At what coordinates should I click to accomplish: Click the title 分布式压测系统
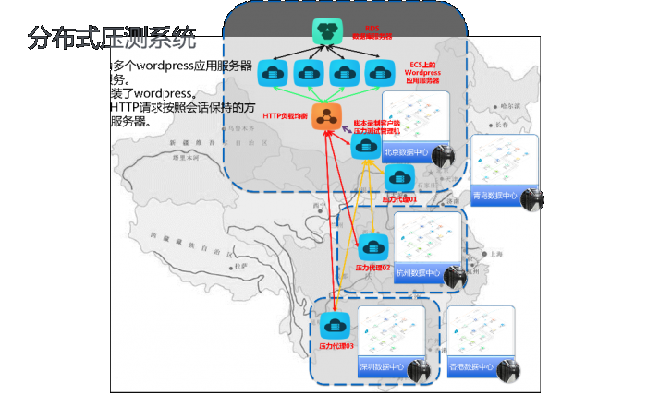pyautogui.click(x=112, y=39)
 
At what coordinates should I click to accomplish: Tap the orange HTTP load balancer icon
pyautogui.click(x=324, y=115)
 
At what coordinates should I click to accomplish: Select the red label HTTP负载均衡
pyautogui.click(x=286, y=115)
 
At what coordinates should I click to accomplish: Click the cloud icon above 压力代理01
pyautogui.click(x=400, y=177)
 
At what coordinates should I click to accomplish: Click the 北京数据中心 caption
pyautogui.click(x=406, y=152)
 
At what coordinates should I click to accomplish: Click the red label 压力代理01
pyautogui.click(x=400, y=197)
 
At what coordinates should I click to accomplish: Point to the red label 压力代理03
pyautogui.click(x=336, y=345)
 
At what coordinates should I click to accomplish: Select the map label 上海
pyautogui.click(x=496, y=253)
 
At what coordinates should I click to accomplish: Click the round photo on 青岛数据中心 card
pyautogui.click(x=531, y=199)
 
